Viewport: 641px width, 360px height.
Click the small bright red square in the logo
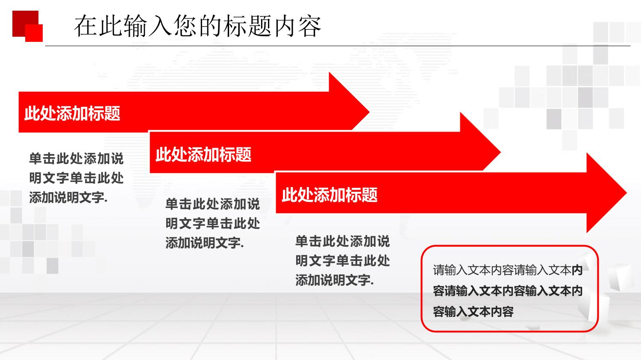point(34,33)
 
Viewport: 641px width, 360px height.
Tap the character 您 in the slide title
point(185,26)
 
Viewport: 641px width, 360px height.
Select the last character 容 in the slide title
point(309,26)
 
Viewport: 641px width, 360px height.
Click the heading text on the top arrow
point(72,113)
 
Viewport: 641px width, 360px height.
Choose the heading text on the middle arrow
point(203,155)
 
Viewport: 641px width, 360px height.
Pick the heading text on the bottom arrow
point(329,195)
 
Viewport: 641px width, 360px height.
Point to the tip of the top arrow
point(370,111)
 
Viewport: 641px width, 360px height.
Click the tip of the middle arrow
point(500,152)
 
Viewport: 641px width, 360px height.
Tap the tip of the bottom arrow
point(627,193)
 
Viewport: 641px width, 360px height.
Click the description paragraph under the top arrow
point(76,178)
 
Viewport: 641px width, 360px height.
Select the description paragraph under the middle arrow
point(213,223)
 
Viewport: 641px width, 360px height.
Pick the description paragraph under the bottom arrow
point(343,260)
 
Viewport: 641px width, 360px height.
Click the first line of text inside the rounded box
point(508,270)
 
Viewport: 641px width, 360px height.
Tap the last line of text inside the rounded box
point(473,312)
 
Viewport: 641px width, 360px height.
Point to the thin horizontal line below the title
point(338,46)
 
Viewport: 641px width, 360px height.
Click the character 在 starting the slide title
point(85,26)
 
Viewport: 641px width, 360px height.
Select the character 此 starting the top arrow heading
point(32,113)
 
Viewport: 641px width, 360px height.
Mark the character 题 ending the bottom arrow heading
point(370,195)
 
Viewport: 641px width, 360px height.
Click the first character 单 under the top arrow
point(36,159)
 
